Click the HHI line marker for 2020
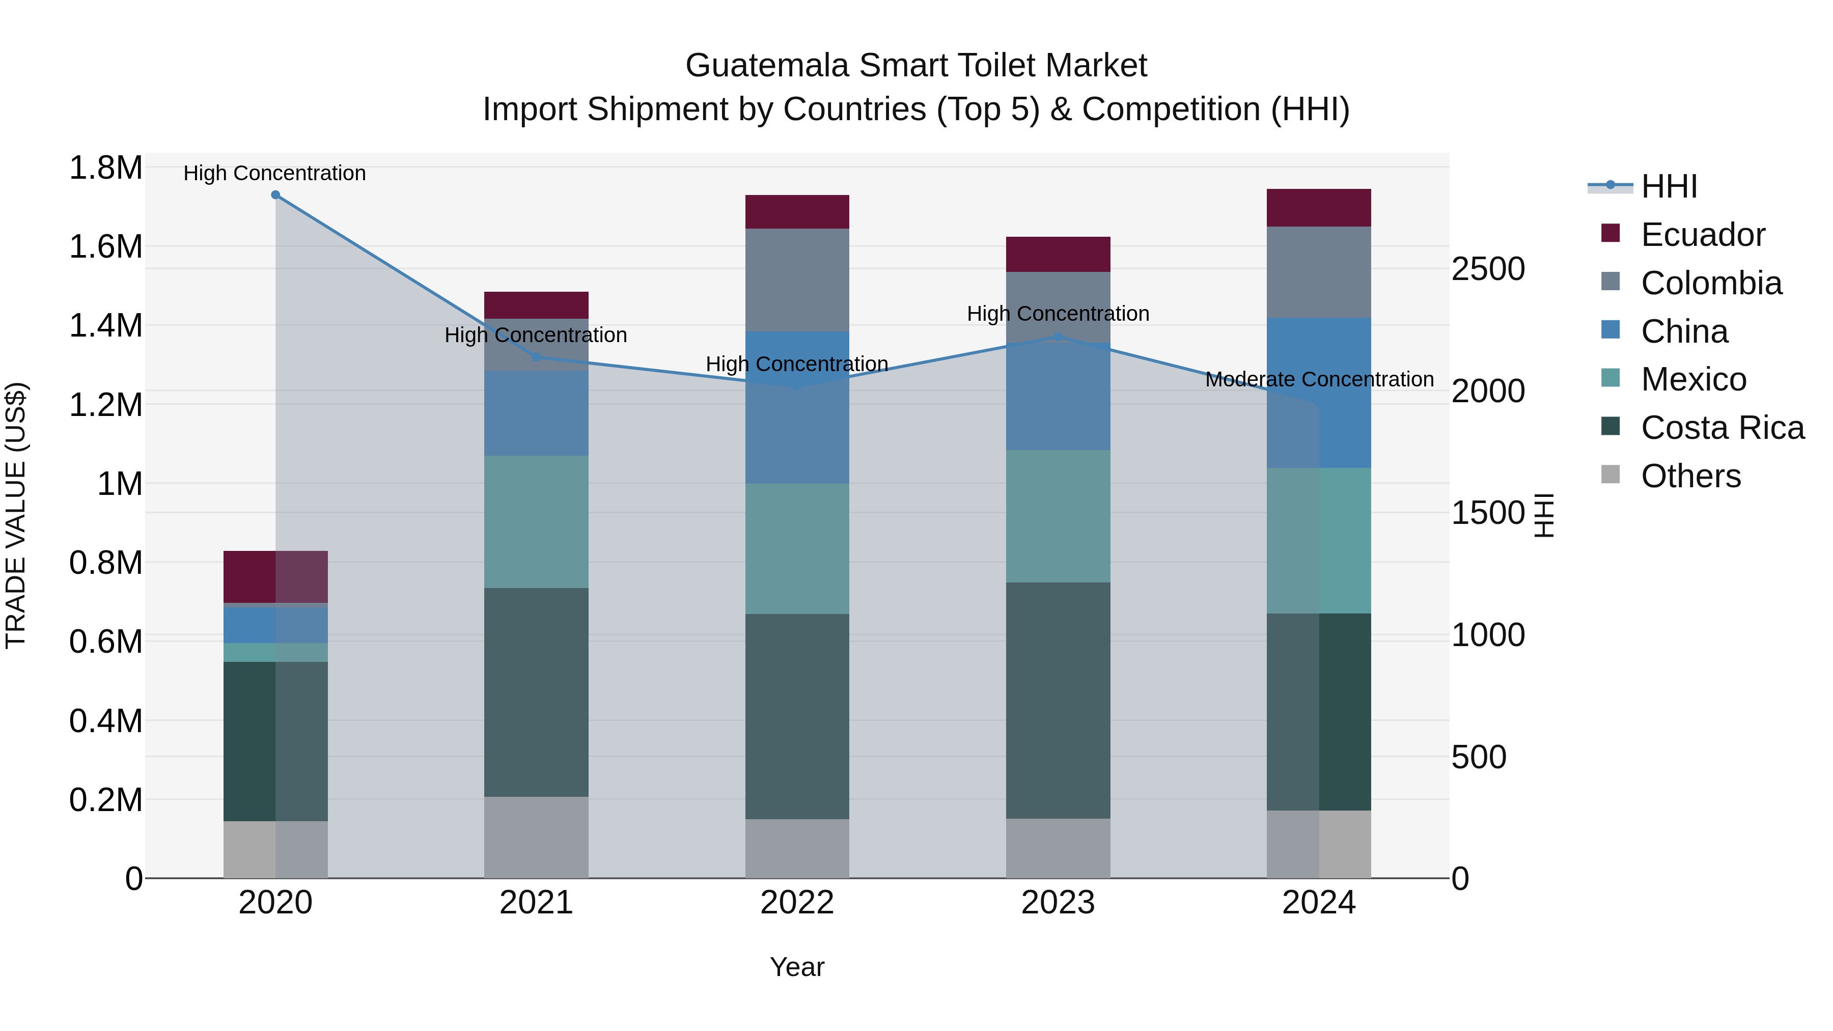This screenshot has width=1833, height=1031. pyautogui.click(x=275, y=195)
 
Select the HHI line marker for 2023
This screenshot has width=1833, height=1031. pyautogui.click(x=1058, y=337)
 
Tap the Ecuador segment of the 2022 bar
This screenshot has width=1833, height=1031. pyautogui.click(x=797, y=212)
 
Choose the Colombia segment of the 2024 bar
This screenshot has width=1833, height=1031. pyautogui.click(x=1319, y=272)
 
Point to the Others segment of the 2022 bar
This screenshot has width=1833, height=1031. pyautogui.click(x=797, y=848)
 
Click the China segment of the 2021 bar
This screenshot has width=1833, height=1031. pyautogui.click(x=537, y=413)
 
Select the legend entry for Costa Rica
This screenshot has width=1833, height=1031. pyautogui.click(x=1722, y=428)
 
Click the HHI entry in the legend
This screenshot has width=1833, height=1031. pyautogui.click(x=1669, y=186)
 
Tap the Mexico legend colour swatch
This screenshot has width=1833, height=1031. pyautogui.click(x=1610, y=378)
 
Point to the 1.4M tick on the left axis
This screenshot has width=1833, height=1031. pyautogui.click(x=106, y=326)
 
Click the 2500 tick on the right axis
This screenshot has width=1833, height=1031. pyautogui.click(x=1488, y=269)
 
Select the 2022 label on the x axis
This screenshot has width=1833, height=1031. pyautogui.click(x=797, y=903)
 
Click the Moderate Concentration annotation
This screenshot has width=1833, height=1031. pyautogui.click(x=1319, y=379)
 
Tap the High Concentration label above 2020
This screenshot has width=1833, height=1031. pyautogui.click(x=274, y=173)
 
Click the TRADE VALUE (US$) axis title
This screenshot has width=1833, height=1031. pyautogui.click(x=16, y=515)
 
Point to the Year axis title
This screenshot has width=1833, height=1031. pyautogui.click(x=797, y=967)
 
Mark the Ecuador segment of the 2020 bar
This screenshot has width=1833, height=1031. pyautogui.click(x=275, y=576)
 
